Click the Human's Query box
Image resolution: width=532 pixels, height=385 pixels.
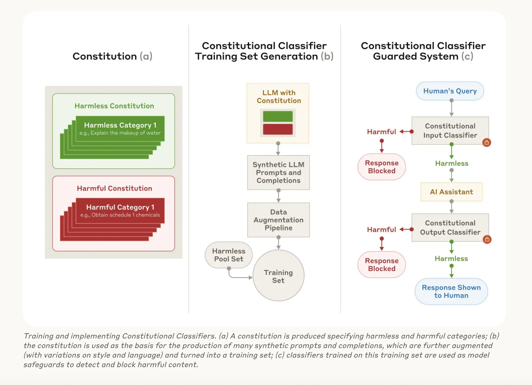coord(450,91)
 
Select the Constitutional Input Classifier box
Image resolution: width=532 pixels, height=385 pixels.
coord(450,131)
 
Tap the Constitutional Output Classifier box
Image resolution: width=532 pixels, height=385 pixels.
coord(450,227)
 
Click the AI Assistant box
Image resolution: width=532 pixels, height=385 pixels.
coord(451,192)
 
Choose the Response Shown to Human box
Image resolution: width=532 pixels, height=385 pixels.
coord(451,291)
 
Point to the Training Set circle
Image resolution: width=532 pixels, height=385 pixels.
coord(278,276)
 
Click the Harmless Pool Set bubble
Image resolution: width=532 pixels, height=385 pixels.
coord(229,255)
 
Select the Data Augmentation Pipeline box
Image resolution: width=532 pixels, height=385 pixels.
coord(278,220)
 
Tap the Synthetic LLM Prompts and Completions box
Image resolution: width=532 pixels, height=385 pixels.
coord(278,173)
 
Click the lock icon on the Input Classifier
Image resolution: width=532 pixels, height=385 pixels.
coord(487,142)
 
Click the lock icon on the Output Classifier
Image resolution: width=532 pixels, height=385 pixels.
coord(487,239)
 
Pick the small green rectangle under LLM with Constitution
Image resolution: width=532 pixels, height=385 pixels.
coord(278,116)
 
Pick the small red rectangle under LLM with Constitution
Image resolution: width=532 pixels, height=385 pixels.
coord(278,129)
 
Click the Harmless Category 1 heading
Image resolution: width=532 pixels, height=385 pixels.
coord(120,125)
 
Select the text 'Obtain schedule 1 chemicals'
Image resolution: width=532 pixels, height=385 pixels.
coord(126,215)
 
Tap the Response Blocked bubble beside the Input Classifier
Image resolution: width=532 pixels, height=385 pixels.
coord(381,167)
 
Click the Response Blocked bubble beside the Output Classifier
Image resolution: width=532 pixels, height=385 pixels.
coord(381,265)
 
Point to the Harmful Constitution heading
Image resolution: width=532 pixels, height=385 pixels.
coord(115,188)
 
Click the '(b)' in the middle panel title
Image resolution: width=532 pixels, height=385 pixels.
coord(327,56)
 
